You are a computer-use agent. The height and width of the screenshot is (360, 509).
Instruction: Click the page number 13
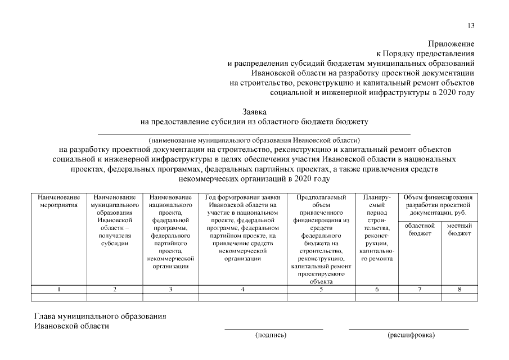(x=471, y=25)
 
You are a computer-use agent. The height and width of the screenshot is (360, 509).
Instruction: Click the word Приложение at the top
(x=451, y=44)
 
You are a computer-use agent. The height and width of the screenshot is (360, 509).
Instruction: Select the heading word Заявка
(x=254, y=112)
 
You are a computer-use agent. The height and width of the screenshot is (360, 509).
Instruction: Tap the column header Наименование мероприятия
(x=59, y=201)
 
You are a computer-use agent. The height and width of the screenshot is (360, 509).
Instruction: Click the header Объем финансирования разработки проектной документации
(x=438, y=205)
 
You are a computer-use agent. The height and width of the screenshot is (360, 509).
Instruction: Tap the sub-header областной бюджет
(x=420, y=229)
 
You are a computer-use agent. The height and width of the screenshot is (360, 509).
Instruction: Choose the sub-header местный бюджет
(x=459, y=229)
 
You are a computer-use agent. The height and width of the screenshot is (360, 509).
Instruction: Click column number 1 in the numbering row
(x=59, y=290)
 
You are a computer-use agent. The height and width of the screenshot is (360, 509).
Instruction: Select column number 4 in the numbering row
(x=242, y=290)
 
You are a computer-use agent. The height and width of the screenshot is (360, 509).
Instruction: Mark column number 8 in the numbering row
(x=459, y=290)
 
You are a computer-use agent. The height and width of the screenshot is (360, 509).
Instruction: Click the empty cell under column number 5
(x=321, y=298)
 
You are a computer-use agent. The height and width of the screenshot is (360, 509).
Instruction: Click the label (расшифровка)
(x=411, y=335)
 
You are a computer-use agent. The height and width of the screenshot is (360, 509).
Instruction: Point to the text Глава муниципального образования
(x=100, y=316)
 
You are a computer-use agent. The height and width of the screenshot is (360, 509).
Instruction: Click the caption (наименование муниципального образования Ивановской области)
(x=254, y=140)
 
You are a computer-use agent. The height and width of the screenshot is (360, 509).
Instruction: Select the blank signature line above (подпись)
(x=274, y=328)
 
